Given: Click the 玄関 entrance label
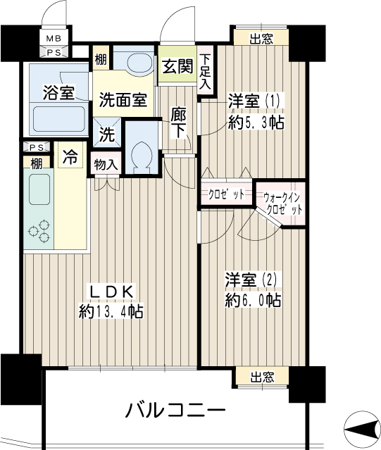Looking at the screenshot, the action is (177, 67).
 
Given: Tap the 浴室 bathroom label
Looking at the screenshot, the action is (59, 92).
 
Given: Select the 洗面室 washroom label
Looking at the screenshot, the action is (123, 100).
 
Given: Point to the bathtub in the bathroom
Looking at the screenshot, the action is (60, 119).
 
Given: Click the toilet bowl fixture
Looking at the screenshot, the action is (142, 154).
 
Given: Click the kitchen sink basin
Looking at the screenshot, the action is (39, 189).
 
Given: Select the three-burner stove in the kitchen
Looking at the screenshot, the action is (39, 230).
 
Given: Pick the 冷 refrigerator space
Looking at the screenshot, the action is (70, 156).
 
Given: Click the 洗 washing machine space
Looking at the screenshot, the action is (107, 133).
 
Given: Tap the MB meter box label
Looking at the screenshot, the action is (54, 38).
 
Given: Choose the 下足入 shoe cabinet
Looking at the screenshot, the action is (206, 72).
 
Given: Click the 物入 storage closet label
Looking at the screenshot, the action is (106, 165).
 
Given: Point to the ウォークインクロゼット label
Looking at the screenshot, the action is (282, 204).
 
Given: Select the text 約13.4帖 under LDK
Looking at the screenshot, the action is (111, 311).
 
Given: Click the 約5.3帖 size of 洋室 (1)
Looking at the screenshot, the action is (256, 123).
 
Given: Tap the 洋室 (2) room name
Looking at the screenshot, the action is (251, 280).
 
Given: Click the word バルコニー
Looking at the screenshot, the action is (175, 411).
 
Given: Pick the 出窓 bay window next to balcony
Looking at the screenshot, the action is (262, 377).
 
